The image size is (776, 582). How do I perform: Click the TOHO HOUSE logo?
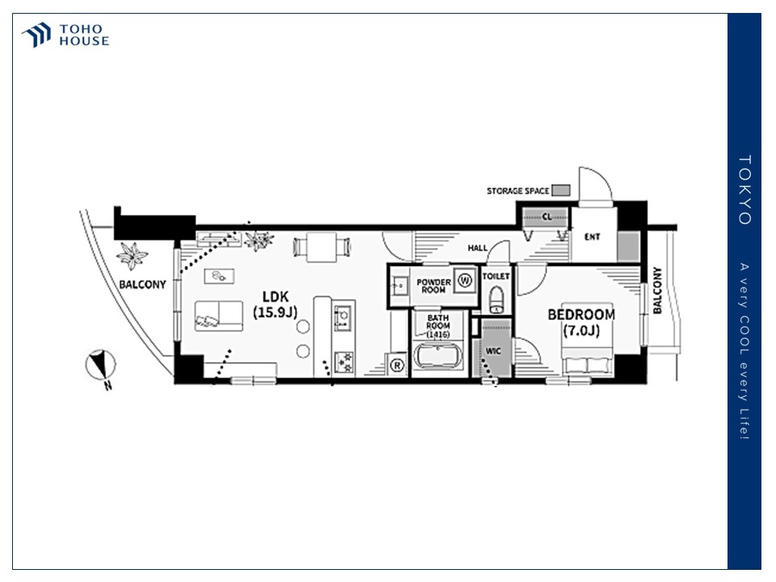(x=65, y=35)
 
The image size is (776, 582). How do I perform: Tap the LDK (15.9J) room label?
(x=275, y=305)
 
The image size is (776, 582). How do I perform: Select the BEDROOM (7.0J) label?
(x=581, y=323)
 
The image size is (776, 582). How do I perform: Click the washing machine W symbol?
(x=465, y=280)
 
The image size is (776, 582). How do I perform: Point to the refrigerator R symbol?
(x=397, y=365)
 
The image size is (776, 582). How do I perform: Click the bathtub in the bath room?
(x=437, y=356)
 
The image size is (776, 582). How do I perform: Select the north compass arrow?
(x=102, y=365)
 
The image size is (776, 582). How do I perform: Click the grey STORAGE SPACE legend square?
(x=561, y=190)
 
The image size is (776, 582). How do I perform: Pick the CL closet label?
(x=547, y=217)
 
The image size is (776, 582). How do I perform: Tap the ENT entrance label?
(x=592, y=237)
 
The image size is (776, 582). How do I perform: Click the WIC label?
(x=493, y=351)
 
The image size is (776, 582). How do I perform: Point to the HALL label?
(x=478, y=247)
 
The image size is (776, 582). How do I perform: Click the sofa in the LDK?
(x=219, y=316)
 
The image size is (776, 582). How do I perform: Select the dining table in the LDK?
(x=322, y=247)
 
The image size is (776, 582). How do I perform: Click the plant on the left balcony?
(x=132, y=255)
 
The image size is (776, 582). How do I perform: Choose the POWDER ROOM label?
(x=433, y=286)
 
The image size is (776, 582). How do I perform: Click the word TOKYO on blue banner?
(x=744, y=190)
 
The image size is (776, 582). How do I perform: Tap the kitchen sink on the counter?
(x=343, y=318)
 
